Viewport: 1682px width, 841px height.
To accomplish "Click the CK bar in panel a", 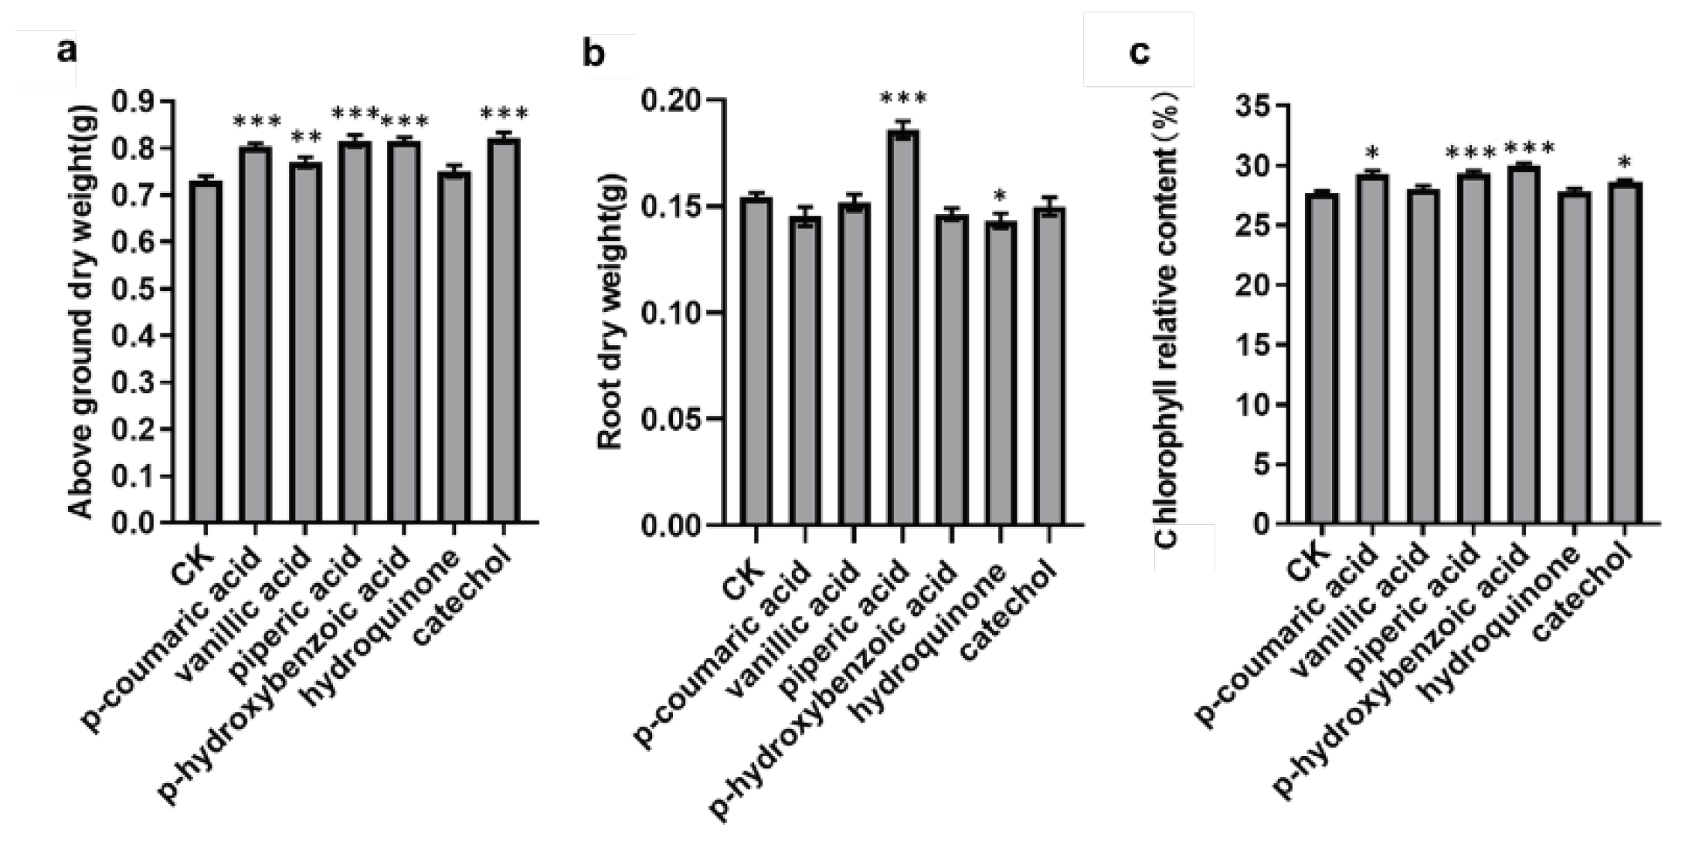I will (206, 351).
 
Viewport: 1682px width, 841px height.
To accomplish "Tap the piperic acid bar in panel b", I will (902, 327).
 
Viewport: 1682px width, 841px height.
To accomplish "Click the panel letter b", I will (593, 54).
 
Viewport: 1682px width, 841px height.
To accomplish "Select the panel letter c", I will (1139, 52).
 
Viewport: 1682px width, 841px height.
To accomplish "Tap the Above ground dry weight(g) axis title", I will (80, 312).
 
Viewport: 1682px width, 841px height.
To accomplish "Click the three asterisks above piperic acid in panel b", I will (903, 100).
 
